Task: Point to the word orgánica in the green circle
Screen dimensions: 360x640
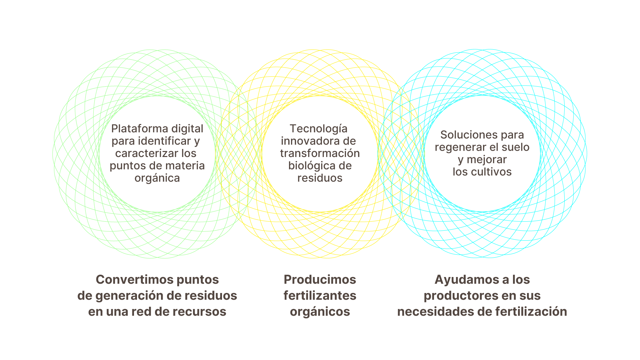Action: pyautogui.click(x=157, y=178)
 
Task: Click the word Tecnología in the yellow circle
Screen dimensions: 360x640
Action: pyautogui.click(x=318, y=129)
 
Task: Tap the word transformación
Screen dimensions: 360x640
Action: pyautogui.click(x=320, y=153)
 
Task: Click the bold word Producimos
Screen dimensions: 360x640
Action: pyautogui.click(x=320, y=280)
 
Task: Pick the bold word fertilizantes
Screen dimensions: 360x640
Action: pyautogui.click(x=320, y=296)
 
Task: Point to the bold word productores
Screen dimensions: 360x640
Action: pyautogui.click(x=456, y=296)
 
